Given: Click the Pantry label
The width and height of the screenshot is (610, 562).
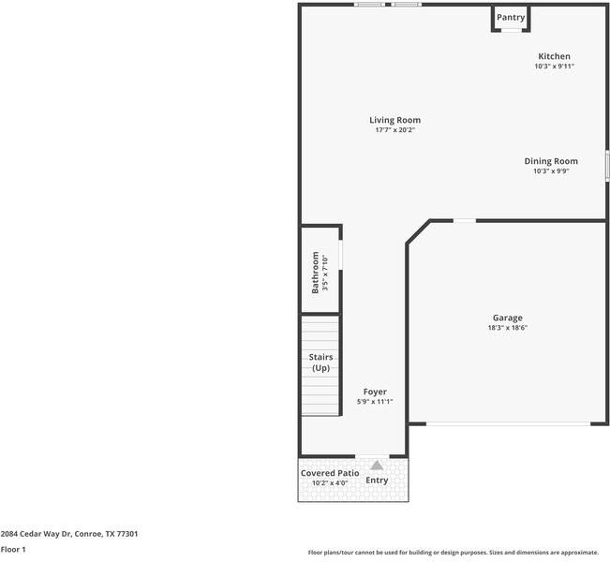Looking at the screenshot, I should [511, 17].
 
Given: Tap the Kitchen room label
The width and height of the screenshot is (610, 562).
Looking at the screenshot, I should [554, 56].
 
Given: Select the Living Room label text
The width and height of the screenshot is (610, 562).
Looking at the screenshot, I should [394, 120].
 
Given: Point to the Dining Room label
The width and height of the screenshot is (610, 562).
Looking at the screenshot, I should [551, 161].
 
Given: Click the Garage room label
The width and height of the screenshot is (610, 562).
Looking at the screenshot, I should [507, 318].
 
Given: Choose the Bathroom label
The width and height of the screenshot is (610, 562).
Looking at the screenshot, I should [316, 273].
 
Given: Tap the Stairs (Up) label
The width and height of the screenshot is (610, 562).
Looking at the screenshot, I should [320, 362].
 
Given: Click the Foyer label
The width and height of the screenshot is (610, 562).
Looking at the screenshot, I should [375, 392].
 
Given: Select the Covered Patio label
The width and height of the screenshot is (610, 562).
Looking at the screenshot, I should [330, 473].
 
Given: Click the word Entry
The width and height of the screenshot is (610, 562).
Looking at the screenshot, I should [377, 481].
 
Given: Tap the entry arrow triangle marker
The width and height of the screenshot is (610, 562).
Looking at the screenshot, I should [377, 465].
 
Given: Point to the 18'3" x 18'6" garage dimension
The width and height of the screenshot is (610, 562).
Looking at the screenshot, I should [507, 328].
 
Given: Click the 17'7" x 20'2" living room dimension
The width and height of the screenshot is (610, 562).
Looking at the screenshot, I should [394, 130].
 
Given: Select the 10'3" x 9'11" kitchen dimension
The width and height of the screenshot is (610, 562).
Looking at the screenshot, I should [554, 67].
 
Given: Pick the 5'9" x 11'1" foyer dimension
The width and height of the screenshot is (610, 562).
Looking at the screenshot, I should [375, 402].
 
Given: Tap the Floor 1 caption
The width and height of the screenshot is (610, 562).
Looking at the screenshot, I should [13, 550].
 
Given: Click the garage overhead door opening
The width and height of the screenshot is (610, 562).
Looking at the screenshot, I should [508, 424].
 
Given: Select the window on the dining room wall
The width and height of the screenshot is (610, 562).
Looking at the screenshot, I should [607, 166].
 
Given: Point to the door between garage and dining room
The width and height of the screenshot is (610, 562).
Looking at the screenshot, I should [465, 221].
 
